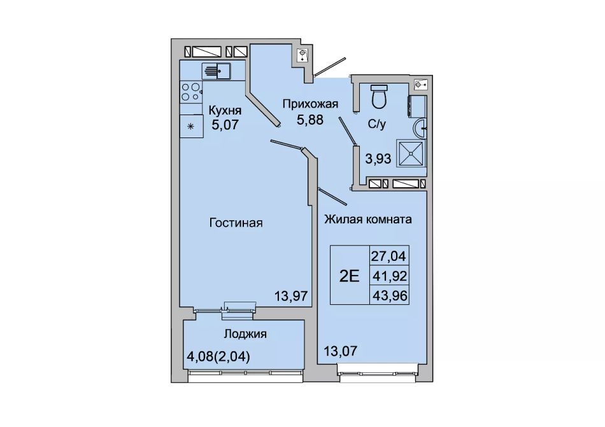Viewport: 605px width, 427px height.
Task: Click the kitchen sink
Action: [216, 71]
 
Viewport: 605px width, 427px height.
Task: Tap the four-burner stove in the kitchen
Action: [192, 92]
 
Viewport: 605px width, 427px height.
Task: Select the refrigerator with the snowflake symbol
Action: [192, 125]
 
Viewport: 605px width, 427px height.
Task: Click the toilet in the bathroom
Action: [379, 96]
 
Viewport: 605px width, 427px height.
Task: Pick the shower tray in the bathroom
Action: [411, 153]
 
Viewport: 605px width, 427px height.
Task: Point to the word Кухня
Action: [225, 111]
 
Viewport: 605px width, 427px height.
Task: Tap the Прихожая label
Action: [310, 104]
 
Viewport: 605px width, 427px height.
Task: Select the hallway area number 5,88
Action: [310, 120]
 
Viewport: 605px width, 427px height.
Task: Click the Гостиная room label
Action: [236, 223]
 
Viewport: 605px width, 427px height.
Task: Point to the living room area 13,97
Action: [291, 296]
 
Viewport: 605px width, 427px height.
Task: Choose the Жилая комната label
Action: [367, 220]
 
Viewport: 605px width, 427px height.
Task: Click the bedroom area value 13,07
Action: [341, 351]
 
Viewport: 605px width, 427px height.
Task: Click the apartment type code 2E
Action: [350, 276]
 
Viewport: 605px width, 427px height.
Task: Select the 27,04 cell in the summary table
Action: [389, 256]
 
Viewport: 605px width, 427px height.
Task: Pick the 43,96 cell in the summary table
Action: [389, 295]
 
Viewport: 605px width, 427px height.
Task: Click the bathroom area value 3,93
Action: [378, 158]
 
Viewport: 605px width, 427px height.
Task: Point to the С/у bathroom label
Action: [376, 125]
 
